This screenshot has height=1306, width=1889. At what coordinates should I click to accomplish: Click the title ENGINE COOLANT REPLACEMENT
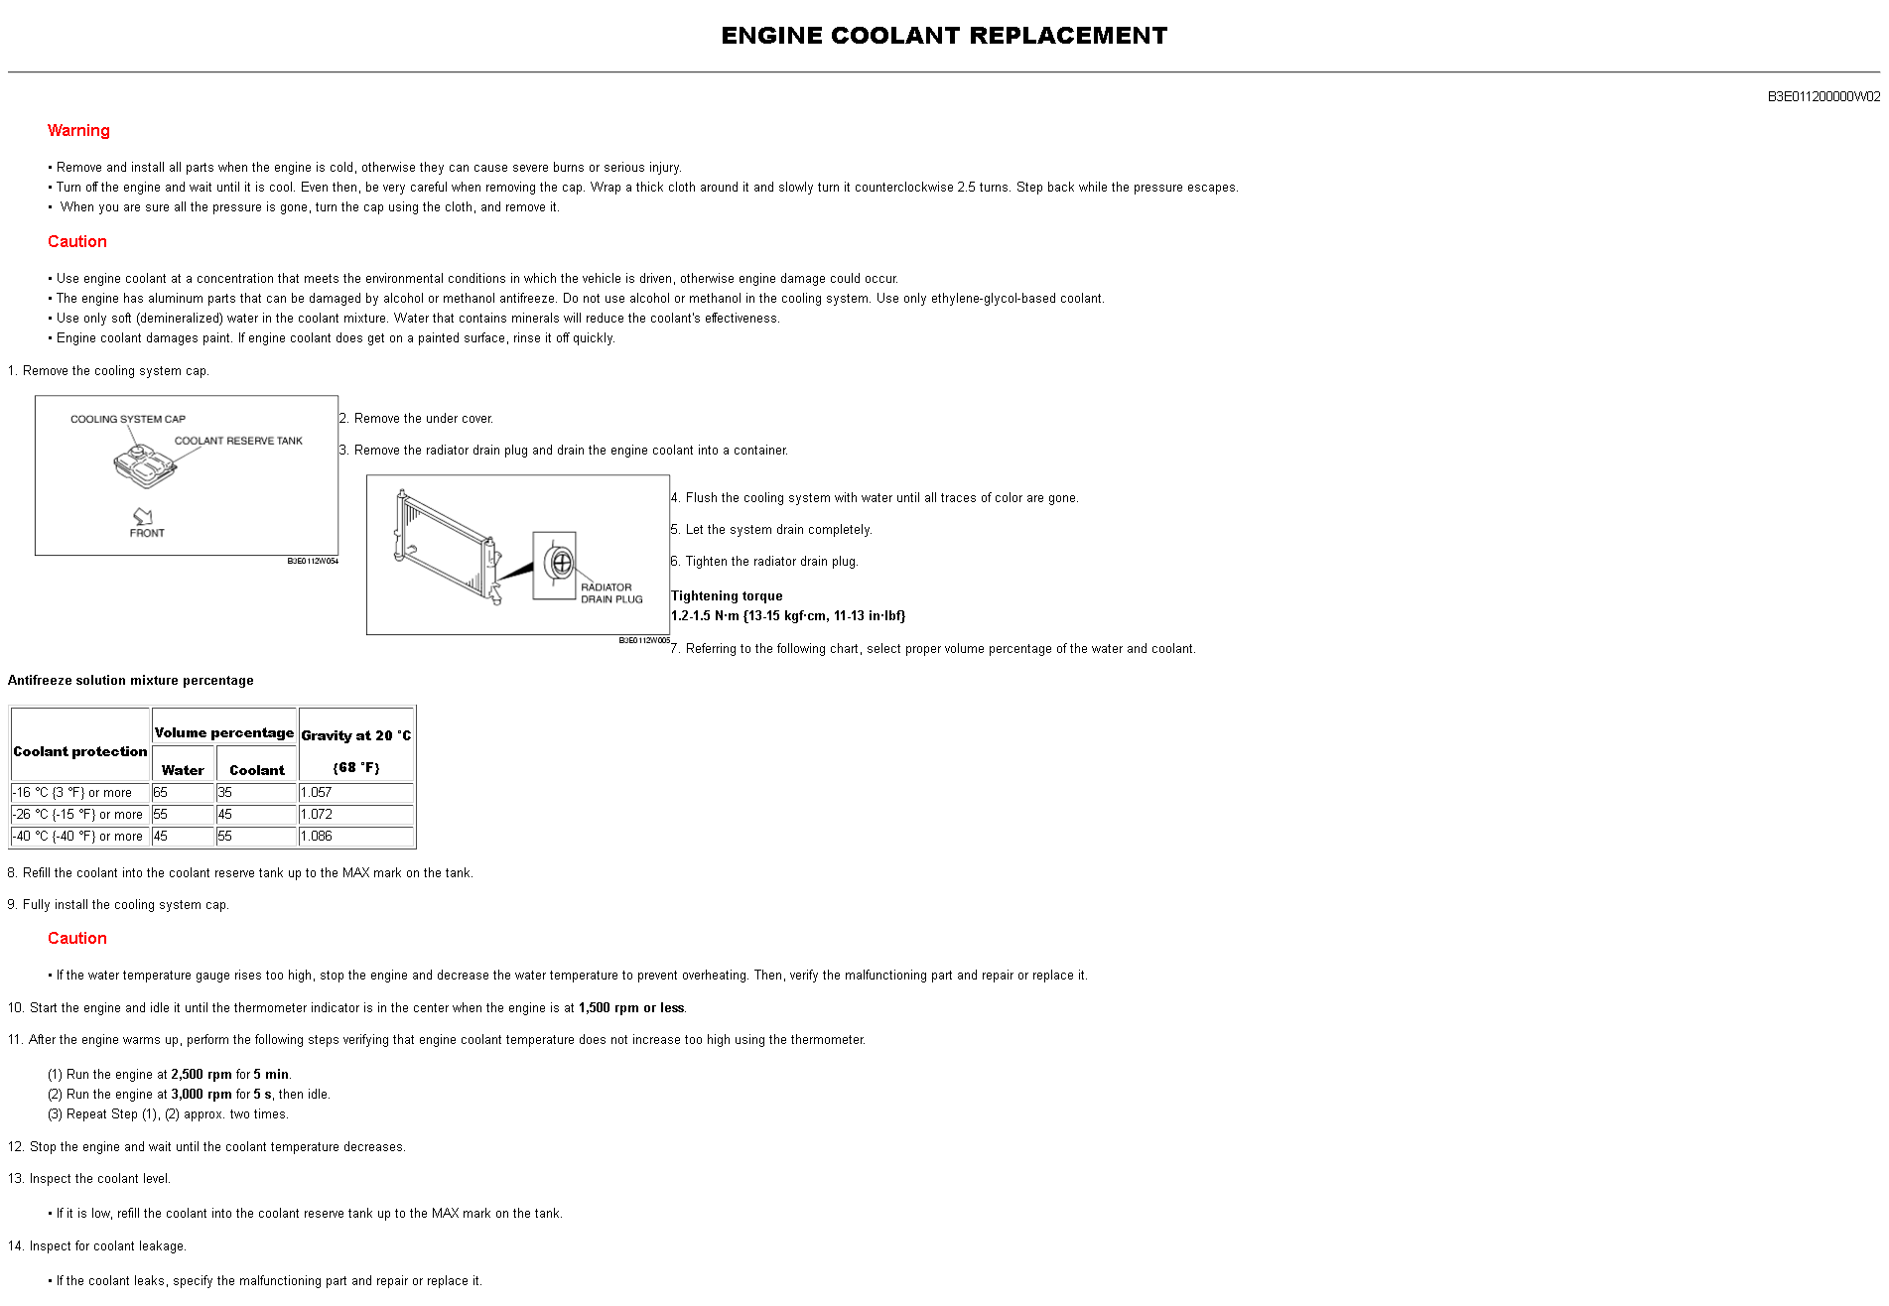943,36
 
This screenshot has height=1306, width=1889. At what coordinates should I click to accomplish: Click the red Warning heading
78,131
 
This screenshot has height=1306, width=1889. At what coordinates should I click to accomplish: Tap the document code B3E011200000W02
1822,97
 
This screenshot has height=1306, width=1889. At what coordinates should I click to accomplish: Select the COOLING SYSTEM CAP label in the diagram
127,419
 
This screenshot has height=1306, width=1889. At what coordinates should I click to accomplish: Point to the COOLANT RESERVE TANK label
238,441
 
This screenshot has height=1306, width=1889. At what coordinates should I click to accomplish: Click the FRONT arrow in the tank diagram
144,517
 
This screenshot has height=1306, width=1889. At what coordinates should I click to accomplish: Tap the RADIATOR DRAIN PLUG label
610,593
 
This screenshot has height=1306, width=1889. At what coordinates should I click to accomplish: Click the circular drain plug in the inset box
561,563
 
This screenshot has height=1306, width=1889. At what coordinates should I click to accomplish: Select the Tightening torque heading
727,596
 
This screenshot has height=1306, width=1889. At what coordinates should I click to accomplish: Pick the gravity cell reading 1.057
317,793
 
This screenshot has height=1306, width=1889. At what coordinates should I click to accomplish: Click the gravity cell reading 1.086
317,837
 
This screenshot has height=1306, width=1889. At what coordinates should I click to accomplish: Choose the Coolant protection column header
80,751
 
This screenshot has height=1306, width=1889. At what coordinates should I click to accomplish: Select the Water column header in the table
183,770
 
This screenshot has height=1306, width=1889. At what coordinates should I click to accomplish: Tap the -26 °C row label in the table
77,815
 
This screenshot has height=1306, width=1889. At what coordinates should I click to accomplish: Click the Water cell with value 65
161,793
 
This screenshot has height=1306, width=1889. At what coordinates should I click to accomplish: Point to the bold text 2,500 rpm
201,1075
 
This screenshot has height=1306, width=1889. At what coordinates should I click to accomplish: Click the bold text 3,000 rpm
201,1095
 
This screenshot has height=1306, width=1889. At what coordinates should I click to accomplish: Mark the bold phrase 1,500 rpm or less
630,1008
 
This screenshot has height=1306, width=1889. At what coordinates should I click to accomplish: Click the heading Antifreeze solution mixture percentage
131,681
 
